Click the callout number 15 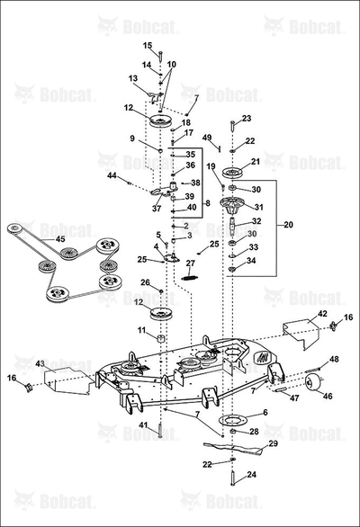point(148,45)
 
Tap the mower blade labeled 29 point(233,449)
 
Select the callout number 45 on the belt point(60,239)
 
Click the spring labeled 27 point(190,277)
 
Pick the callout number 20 point(288,225)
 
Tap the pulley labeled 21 point(232,172)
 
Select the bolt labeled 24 point(232,478)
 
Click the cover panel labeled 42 point(301,333)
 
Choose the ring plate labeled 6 point(232,420)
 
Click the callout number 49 point(207,138)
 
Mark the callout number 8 point(208,203)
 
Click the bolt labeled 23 point(232,126)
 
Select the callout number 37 point(157,209)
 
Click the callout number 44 point(112,175)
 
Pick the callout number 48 point(334,360)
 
